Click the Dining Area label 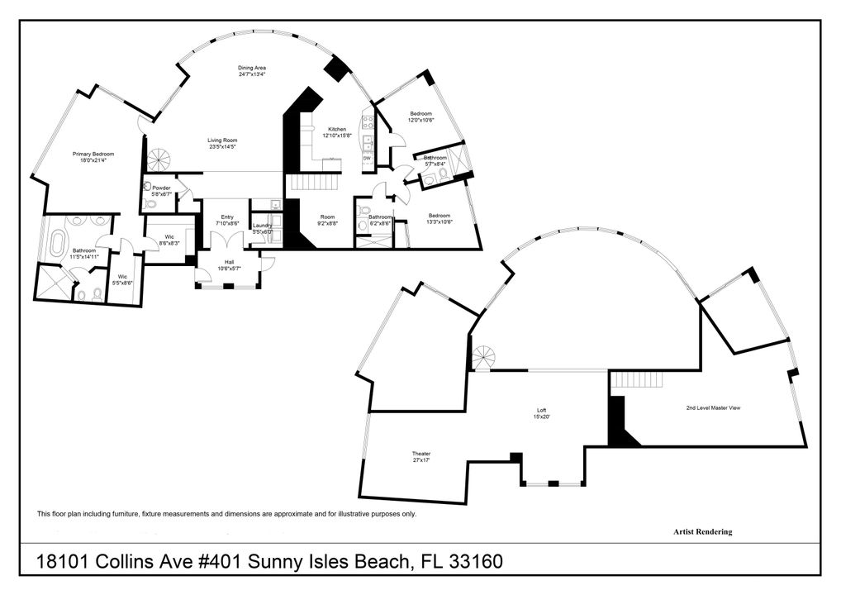[251, 68]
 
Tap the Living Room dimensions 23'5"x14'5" [222, 147]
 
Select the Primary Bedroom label [93, 154]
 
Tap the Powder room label [161, 188]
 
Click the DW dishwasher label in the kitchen [367, 158]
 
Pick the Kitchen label [337, 129]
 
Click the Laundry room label [262, 226]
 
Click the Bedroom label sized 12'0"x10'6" [420, 113]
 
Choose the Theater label [421, 454]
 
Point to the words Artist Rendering [702, 532]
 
